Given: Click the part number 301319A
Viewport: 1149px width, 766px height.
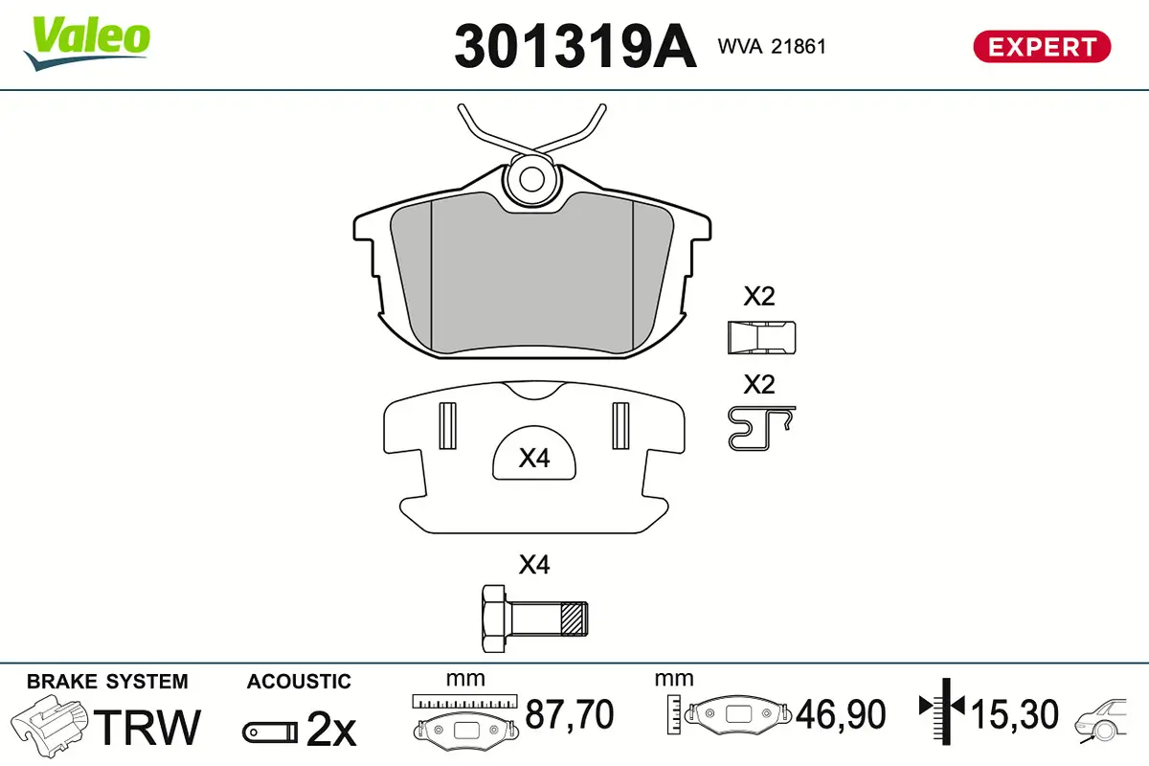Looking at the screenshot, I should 574,46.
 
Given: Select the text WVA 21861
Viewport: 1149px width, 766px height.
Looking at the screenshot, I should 771,47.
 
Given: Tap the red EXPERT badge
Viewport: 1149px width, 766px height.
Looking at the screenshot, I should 1042,46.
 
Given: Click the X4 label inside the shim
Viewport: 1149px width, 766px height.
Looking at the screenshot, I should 533,460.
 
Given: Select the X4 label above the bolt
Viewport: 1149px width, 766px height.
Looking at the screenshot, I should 533,565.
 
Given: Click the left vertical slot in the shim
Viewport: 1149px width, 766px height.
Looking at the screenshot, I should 445,424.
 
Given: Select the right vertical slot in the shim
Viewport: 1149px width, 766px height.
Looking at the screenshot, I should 619,424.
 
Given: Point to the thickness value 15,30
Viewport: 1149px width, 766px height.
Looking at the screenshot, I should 1014,714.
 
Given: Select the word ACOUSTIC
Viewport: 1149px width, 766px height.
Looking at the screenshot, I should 299,682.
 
